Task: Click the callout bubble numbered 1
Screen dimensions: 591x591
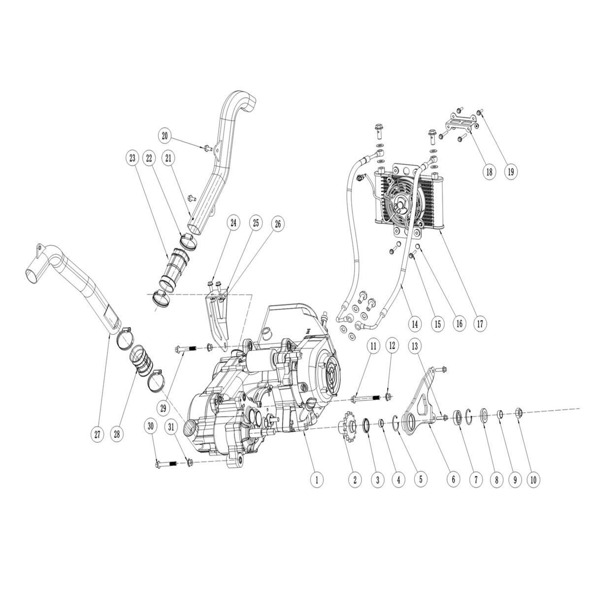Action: click(x=317, y=478)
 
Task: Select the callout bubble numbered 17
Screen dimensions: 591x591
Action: click(x=480, y=324)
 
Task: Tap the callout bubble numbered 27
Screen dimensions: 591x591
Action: click(x=97, y=434)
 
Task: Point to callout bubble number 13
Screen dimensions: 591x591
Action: click(x=415, y=347)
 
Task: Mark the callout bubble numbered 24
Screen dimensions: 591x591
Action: click(x=233, y=223)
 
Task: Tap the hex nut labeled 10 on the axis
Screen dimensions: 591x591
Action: click(x=518, y=412)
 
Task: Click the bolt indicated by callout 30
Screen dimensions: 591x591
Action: click(x=164, y=463)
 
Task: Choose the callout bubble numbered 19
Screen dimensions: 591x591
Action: click(x=510, y=171)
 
